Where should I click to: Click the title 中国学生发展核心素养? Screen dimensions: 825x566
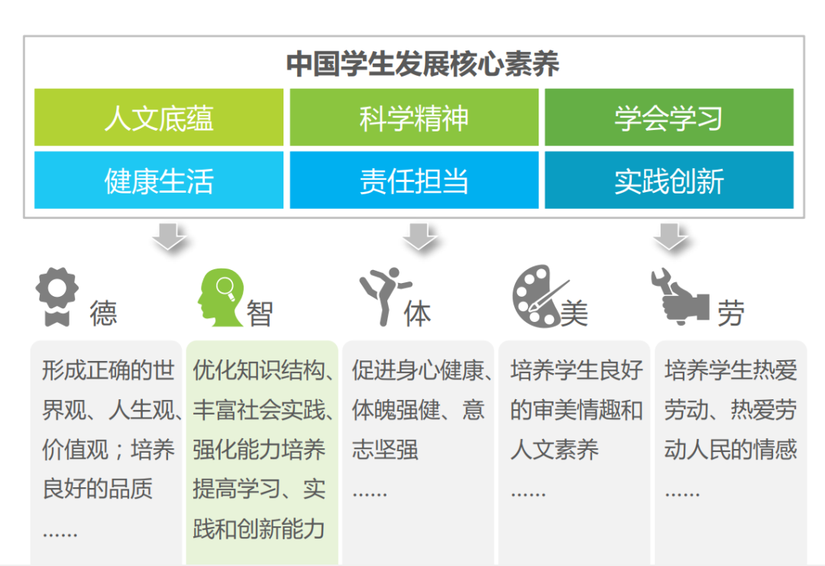(422, 63)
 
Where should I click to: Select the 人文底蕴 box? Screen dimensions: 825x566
(159, 117)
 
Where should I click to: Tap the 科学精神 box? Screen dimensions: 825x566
(414, 117)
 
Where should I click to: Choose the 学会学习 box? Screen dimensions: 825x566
(668, 117)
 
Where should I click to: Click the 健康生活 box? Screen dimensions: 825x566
(159, 181)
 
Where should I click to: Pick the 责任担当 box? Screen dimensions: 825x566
(414, 181)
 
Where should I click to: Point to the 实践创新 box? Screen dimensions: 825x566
(668, 181)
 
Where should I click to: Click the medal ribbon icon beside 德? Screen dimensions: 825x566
(57, 297)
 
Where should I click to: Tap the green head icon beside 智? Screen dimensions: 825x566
(221, 298)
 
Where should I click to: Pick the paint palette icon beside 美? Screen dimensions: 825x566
(539, 296)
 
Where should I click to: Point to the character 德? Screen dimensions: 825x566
(103, 313)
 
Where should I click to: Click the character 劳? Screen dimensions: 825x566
(731, 313)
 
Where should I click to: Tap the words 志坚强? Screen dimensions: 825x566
(385, 450)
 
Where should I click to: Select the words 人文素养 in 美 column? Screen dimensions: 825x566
(555, 450)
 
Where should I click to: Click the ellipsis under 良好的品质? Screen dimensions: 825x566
(60, 534)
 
